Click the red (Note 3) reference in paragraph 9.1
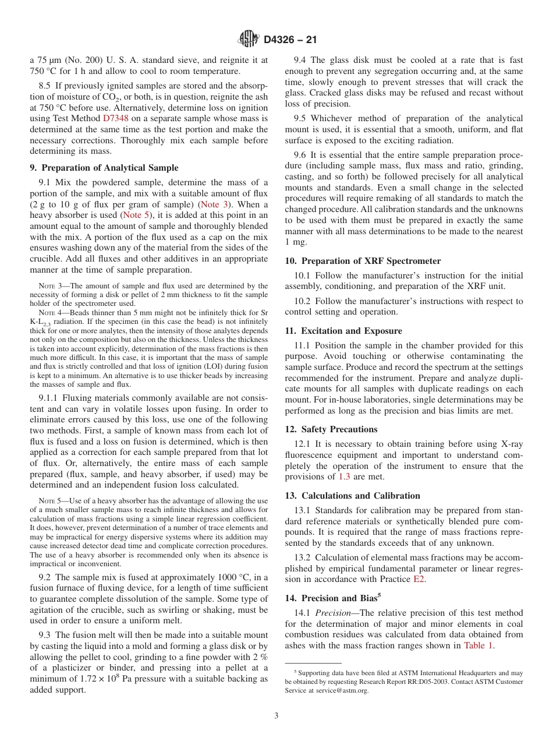click(x=214, y=204)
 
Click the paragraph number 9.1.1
click(x=49, y=398)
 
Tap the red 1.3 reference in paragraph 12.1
click(x=345, y=477)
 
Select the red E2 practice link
click(x=419, y=580)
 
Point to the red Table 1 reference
click(x=478, y=645)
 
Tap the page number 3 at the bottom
click(x=276, y=716)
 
